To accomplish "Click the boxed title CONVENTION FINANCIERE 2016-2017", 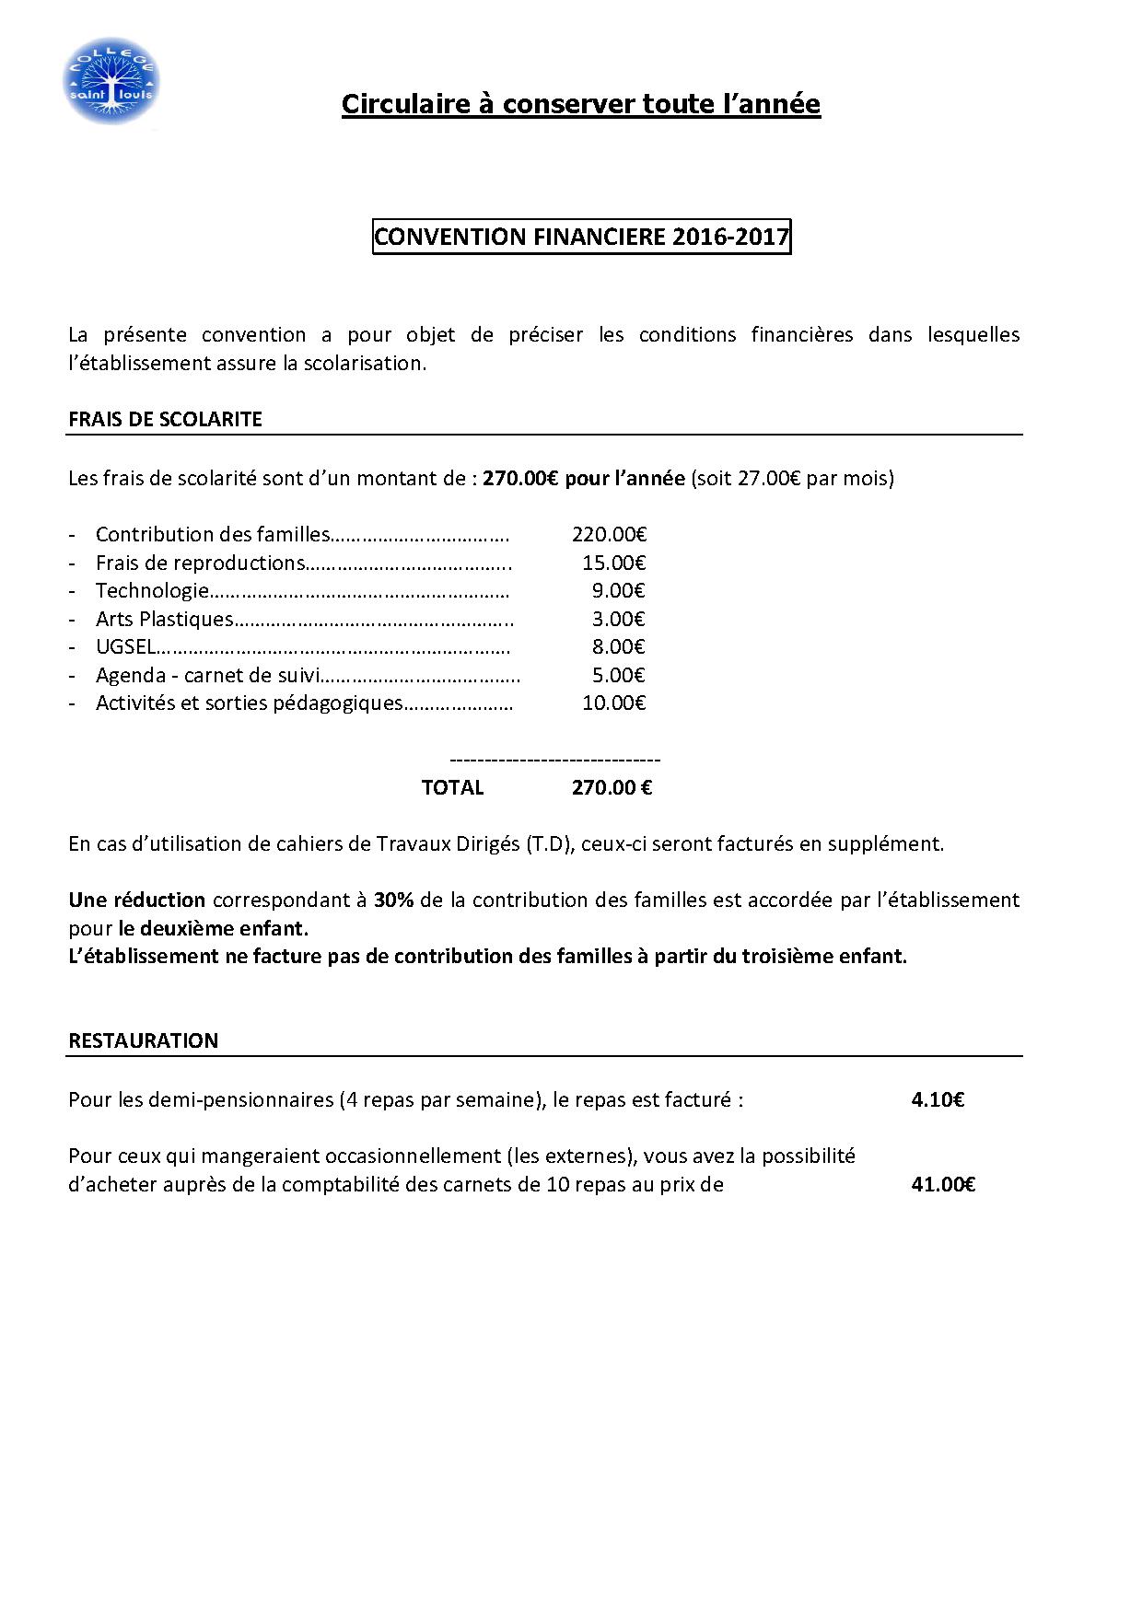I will [581, 237].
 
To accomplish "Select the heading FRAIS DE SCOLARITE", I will [165, 419].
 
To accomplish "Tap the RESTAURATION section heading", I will [143, 1040].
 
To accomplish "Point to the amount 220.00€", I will [609, 534].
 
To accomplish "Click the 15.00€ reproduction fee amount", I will [613, 563].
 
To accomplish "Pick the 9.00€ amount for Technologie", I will [618, 590].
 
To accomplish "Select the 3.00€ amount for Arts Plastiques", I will [618, 619].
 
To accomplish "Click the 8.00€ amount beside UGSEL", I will [618, 646].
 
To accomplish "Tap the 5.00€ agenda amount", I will [618, 675].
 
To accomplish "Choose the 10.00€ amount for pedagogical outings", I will [613, 703].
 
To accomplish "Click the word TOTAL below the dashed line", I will [452, 787].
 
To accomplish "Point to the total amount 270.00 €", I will [612, 787].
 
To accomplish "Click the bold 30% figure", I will [393, 900].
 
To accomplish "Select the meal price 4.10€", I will [938, 1099].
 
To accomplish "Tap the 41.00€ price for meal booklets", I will [943, 1184].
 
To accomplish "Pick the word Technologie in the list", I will [152, 590].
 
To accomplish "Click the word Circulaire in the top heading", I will [406, 104].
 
